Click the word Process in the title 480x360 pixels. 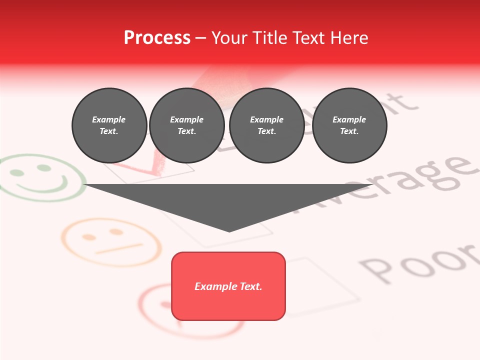pos(157,38)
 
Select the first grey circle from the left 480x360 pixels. pos(109,125)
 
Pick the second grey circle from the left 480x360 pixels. pos(186,125)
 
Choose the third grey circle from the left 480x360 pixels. pos(266,125)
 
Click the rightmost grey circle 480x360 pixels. pos(349,125)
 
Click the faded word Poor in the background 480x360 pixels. pos(420,262)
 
